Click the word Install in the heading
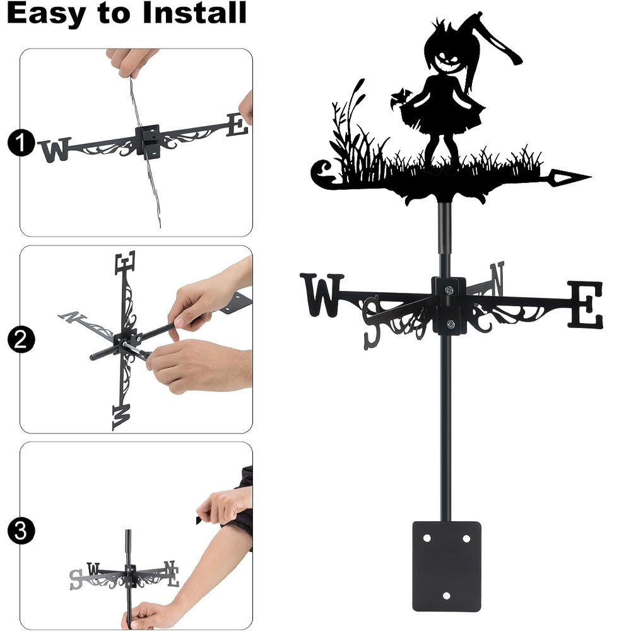(194, 13)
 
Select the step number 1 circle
(21, 143)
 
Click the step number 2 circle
(21, 339)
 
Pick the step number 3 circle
(21, 531)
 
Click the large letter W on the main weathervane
(322, 295)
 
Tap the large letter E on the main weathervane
(586, 304)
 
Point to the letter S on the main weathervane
(372, 322)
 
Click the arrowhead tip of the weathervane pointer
(591, 176)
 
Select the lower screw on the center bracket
(451, 324)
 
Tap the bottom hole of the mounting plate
(446, 596)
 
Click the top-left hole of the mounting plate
(427, 538)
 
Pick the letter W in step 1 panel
(55, 150)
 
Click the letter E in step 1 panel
(237, 125)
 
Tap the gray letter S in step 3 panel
(75, 580)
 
